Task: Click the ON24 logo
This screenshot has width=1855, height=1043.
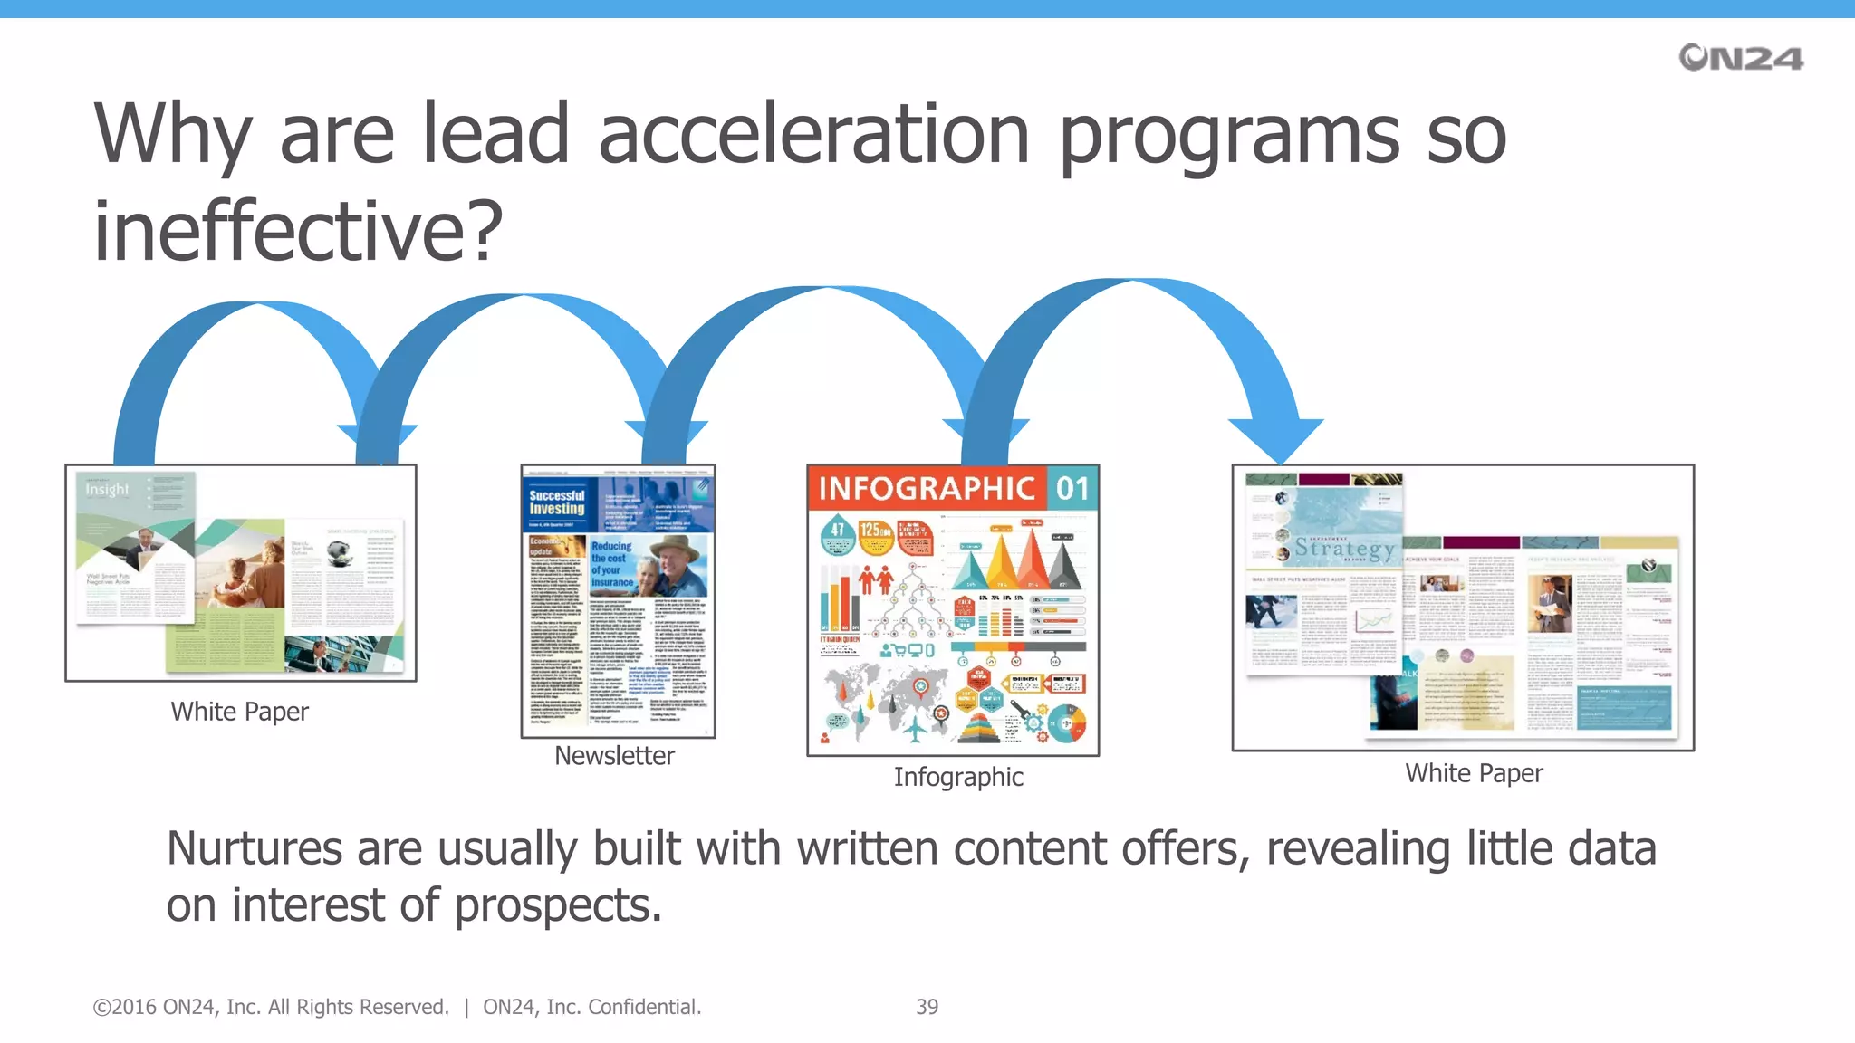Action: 1740,58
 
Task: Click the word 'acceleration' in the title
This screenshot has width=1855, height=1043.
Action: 813,135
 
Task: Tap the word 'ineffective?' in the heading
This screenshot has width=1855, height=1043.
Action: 298,232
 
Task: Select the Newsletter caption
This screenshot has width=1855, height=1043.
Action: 614,755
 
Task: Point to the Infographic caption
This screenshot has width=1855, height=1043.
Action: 958,777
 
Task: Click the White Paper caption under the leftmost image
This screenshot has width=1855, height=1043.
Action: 239,712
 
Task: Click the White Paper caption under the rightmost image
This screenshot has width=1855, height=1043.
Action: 1474,773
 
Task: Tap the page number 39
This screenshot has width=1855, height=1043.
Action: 927,1007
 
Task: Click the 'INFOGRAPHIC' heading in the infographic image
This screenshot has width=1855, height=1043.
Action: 927,489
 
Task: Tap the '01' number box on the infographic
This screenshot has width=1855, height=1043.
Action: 1072,489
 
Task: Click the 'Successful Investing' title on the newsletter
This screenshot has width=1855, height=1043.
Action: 557,502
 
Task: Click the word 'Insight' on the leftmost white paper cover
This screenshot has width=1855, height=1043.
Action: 107,490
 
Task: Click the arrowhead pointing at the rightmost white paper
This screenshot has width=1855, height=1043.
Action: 1276,439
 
